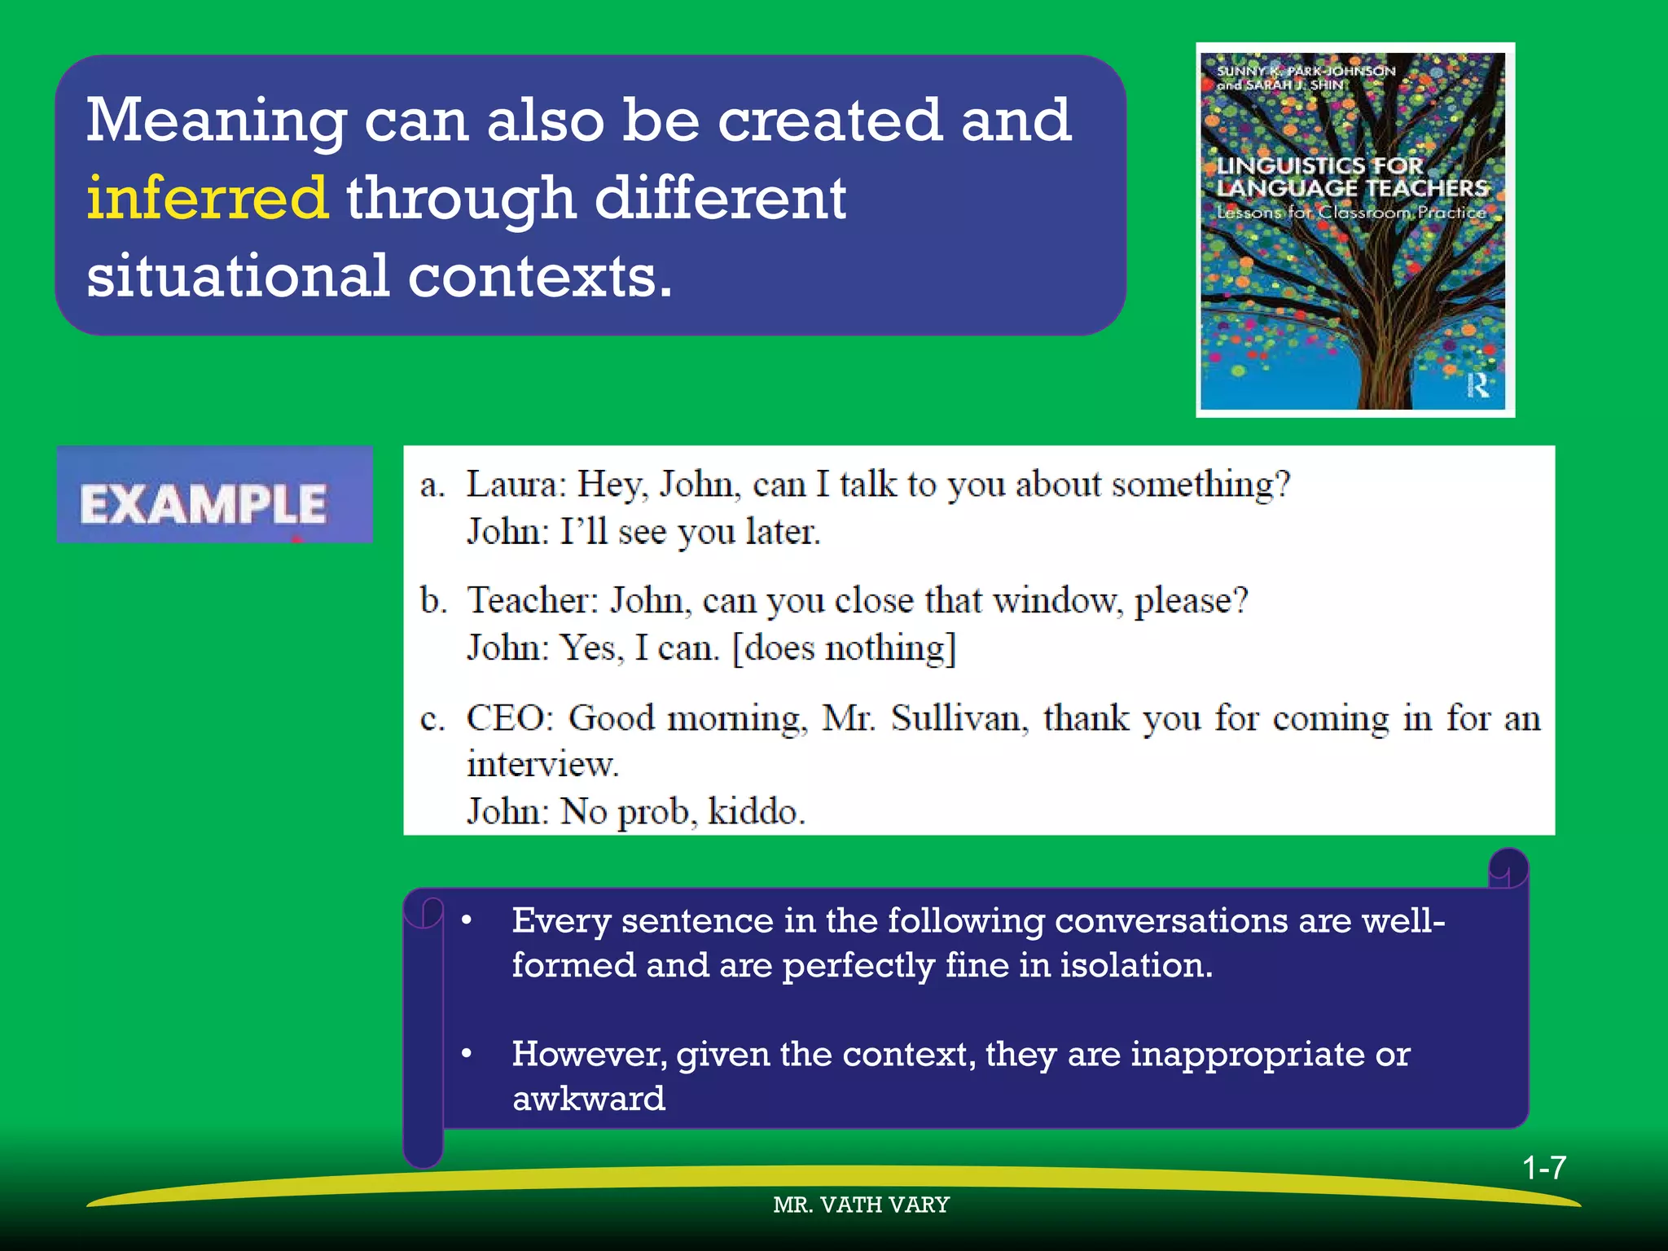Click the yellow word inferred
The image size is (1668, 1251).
point(208,198)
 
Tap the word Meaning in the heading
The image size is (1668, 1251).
point(217,121)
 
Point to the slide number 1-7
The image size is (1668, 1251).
point(1544,1168)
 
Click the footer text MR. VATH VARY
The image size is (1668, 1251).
point(861,1205)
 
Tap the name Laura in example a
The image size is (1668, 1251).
point(513,485)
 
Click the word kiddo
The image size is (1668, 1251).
point(756,812)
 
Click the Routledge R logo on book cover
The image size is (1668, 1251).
point(1477,384)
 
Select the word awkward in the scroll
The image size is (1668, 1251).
point(588,1099)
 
